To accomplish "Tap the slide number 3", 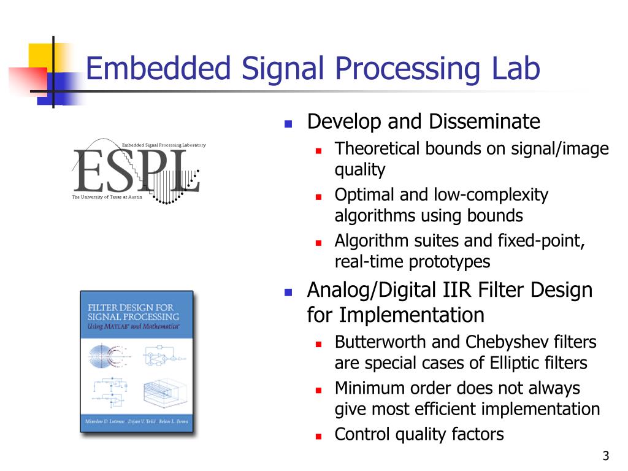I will pyautogui.click(x=606, y=456).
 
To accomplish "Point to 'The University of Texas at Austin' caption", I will pyautogui.click(x=107, y=197).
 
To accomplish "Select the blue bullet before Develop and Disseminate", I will pyautogui.click(x=288, y=123).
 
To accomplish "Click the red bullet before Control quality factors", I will pyautogui.click(x=319, y=436).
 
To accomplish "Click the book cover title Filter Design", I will pyautogui.click(x=131, y=307).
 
